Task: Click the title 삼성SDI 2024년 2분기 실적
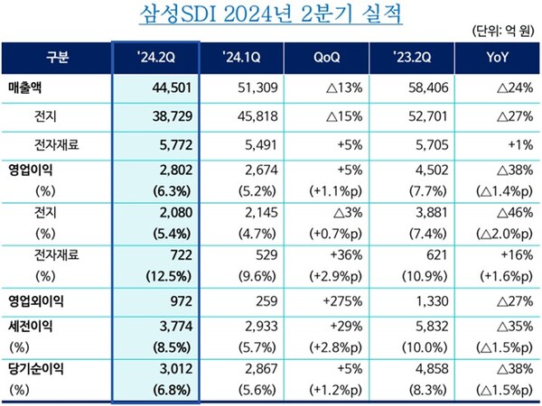(272, 15)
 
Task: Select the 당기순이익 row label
(40, 368)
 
